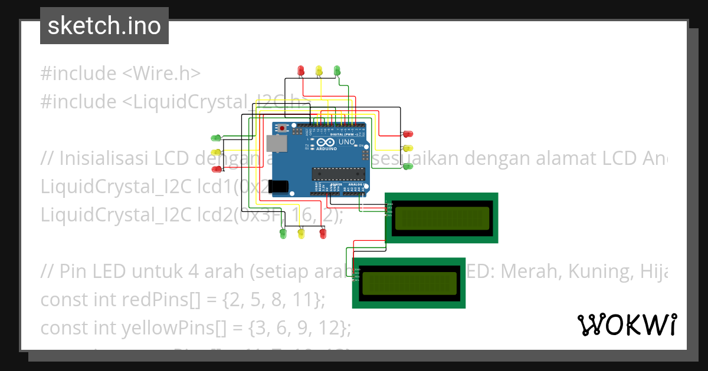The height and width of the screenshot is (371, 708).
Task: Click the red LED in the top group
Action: [301, 70]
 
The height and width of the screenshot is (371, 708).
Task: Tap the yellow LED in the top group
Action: [319, 70]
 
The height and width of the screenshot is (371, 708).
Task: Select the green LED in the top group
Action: [337, 70]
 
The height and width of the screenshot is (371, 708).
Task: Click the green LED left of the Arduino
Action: [216, 138]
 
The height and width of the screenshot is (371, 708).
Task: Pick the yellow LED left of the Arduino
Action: [216, 154]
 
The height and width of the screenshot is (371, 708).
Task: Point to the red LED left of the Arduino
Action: [216, 169]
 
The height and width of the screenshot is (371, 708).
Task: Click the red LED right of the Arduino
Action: [408, 134]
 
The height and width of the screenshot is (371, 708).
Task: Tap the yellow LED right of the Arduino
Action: [408, 148]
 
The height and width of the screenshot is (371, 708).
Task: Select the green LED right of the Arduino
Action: [408, 167]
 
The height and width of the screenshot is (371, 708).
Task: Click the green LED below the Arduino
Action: [283, 234]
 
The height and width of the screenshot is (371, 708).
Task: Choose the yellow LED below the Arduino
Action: [301, 234]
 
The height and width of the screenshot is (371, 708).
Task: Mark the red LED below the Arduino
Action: [322, 234]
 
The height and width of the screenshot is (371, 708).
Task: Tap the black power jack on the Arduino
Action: [278, 187]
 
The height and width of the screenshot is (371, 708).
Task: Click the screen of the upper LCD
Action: [442, 218]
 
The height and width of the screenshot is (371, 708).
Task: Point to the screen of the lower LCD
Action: [409, 283]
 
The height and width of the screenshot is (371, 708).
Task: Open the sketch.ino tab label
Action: [104, 26]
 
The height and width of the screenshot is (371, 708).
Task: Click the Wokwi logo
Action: [627, 324]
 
